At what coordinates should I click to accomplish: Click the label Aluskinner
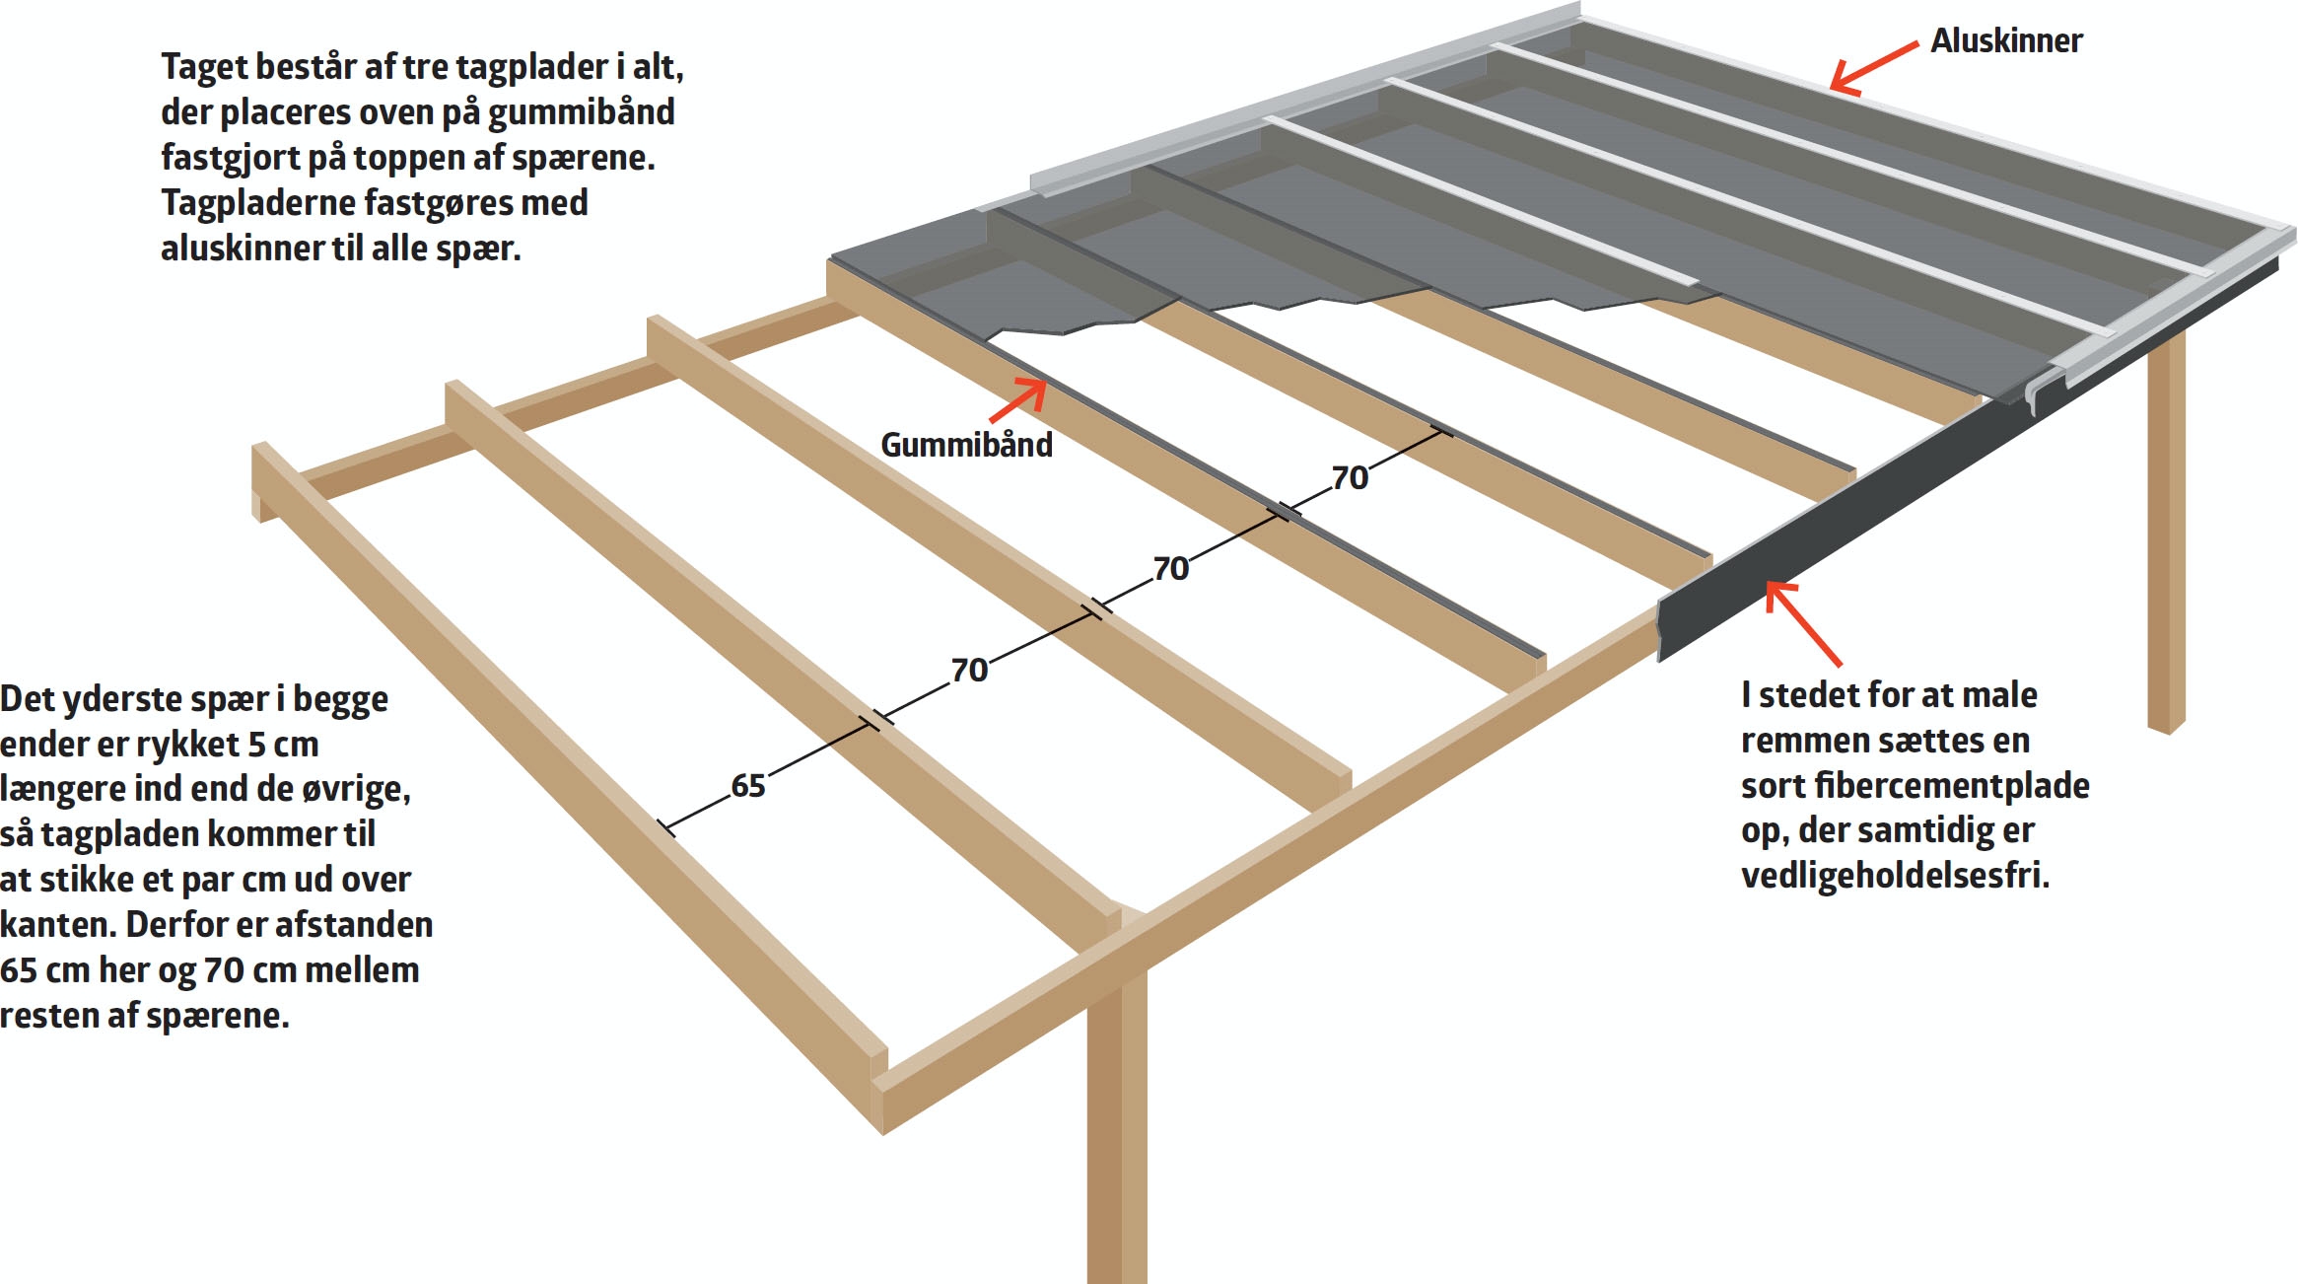tap(2006, 40)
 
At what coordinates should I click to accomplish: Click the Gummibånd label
tap(966, 445)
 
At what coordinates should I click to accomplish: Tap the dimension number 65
tap(747, 786)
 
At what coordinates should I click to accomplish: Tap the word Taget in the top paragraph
tap(203, 67)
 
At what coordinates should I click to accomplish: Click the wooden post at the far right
tap(2166, 533)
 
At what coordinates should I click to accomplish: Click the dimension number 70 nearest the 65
tap(969, 671)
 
